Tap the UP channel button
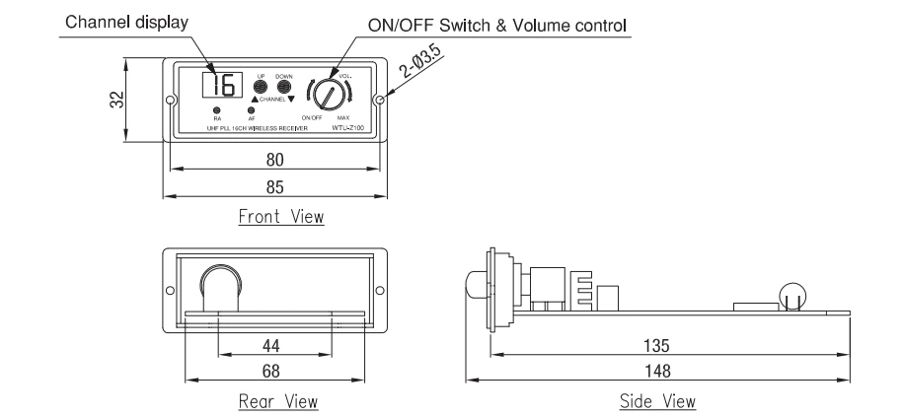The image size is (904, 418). click(x=262, y=87)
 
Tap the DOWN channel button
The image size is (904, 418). click(x=284, y=87)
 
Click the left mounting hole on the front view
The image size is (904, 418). click(x=171, y=100)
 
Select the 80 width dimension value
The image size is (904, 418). click(x=272, y=162)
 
